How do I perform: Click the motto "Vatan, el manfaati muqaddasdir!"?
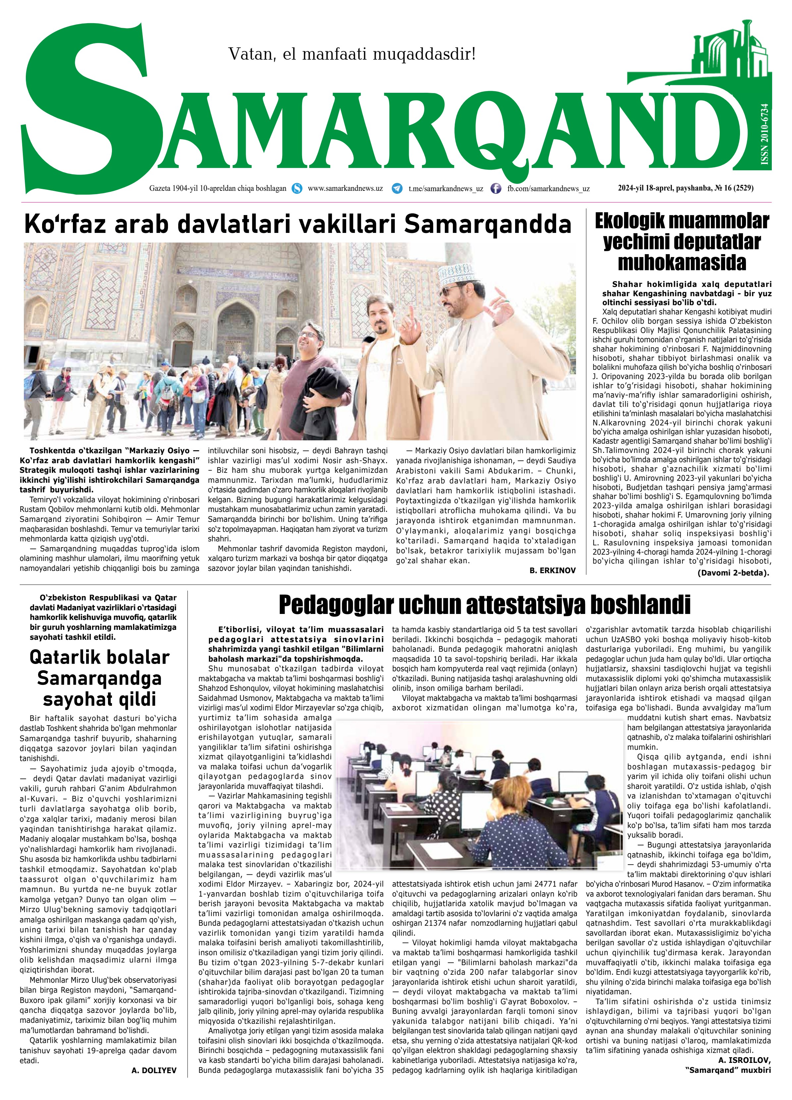pyautogui.click(x=352, y=54)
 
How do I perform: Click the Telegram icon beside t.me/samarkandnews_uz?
pyautogui.click(x=397, y=189)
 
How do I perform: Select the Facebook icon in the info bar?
pyautogui.click(x=496, y=189)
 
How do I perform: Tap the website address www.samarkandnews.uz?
pyautogui.click(x=345, y=188)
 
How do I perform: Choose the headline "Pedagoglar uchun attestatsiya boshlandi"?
pyautogui.click(x=484, y=604)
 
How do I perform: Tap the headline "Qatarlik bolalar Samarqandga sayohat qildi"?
pyautogui.click(x=99, y=678)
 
